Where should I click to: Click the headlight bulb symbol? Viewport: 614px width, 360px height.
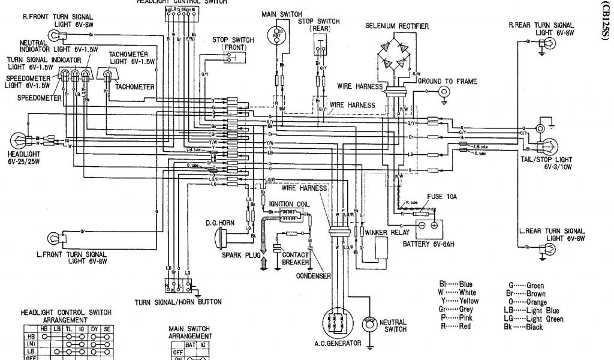(19, 142)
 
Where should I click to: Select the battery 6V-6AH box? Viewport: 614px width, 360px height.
(425, 226)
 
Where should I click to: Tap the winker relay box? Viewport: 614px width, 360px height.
(380, 247)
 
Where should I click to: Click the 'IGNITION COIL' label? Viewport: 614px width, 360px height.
(290, 203)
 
